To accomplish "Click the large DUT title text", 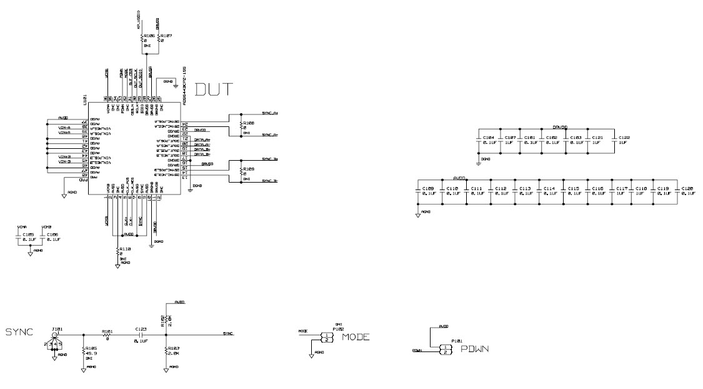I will click(x=214, y=89).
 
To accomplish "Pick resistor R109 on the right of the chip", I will click(x=241, y=171).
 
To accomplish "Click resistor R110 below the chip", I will click(x=117, y=251).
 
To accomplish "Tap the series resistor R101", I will click(x=106, y=336).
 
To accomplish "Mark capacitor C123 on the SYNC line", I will click(x=141, y=336).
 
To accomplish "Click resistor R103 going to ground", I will click(x=166, y=351).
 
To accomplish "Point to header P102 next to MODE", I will click(x=327, y=338).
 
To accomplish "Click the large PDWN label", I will click(x=474, y=348).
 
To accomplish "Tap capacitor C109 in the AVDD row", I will click(x=419, y=192).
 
